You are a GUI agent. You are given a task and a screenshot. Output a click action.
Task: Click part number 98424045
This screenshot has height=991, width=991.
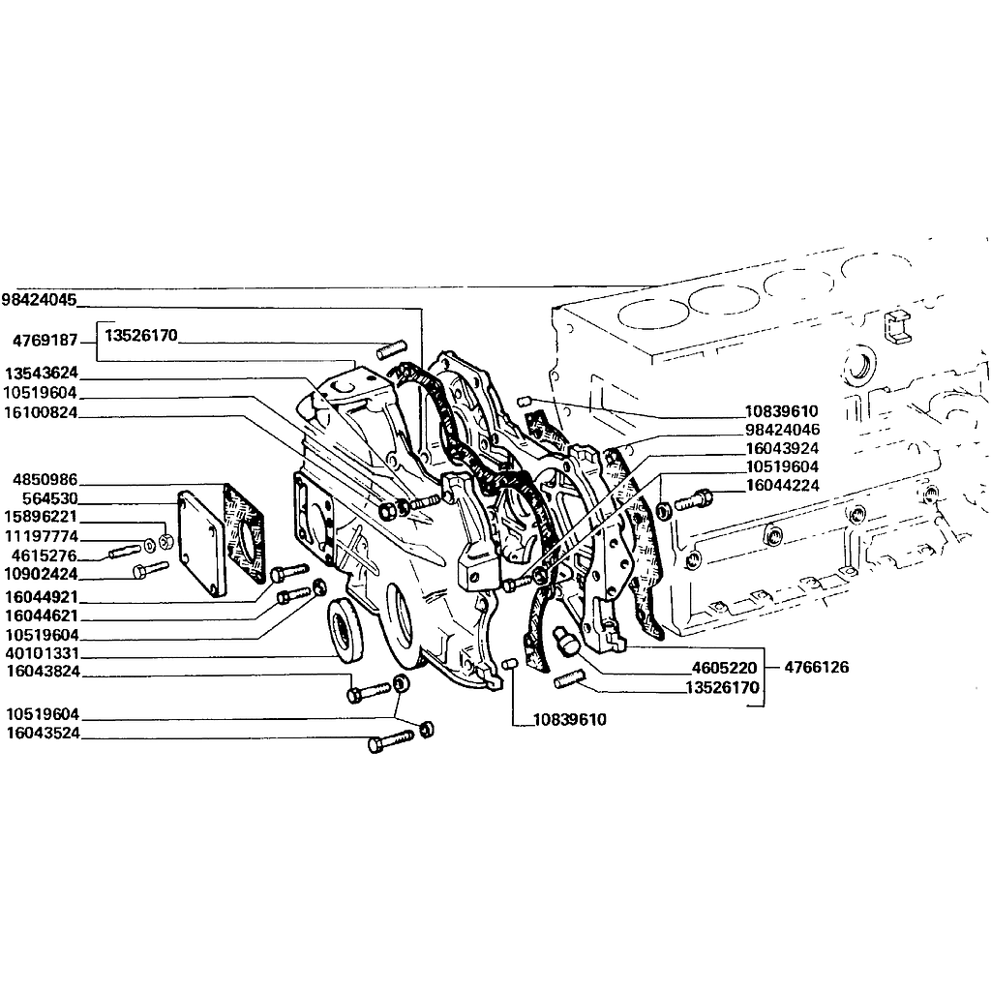(x=39, y=299)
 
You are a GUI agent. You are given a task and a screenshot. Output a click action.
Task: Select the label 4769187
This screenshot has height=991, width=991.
(x=45, y=341)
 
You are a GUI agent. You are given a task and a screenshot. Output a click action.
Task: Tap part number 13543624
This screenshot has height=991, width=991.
(x=41, y=373)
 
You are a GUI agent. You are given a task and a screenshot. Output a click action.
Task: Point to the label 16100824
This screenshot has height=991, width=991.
(x=41, y=412)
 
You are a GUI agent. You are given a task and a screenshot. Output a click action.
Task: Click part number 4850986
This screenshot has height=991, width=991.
(x=45, y=480)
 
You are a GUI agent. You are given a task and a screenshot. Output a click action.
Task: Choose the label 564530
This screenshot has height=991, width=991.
(x=50, y=498)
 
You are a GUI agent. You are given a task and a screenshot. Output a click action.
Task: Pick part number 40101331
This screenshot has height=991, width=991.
(x=42, y=653)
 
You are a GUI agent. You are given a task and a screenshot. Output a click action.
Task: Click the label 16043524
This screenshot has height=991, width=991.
(x=44, y=734)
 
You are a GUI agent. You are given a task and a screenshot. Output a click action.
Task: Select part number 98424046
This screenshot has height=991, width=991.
(x=782, y=430)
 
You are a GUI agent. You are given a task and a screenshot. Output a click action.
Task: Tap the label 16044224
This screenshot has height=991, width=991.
(x=782, y=486)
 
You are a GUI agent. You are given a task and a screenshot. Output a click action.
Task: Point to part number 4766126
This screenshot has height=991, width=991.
(x=816, y=668)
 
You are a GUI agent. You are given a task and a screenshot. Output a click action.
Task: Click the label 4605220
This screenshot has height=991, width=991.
(x=724, y=668)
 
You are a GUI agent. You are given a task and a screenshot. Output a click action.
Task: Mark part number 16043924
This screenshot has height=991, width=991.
(x=782, y=449)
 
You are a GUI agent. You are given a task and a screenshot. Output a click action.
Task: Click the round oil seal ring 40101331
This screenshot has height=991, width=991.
(x=345, y=630)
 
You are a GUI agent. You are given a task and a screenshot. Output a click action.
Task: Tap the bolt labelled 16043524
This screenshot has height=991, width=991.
(x=391, y=740)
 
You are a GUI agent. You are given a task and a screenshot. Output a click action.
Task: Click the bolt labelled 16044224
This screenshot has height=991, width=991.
(x=693, y=500)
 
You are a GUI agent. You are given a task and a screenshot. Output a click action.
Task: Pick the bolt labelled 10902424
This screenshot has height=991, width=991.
(x=150, y=569)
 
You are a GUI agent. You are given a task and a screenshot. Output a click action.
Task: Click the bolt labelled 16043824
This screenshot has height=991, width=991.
(x=370, y=692)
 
